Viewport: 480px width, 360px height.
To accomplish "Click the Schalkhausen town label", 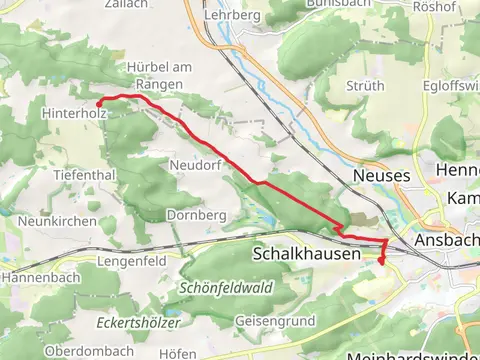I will [x=306, y=255].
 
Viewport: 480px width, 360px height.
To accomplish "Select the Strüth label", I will [x=364, y=87].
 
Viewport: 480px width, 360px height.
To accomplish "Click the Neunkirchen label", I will [x=57, y=221].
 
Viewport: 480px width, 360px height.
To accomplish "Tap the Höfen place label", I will [x=177, y=353].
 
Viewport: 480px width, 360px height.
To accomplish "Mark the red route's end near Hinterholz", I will [x=98, y=103].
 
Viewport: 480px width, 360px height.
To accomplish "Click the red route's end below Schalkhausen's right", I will [x=380, y=261].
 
